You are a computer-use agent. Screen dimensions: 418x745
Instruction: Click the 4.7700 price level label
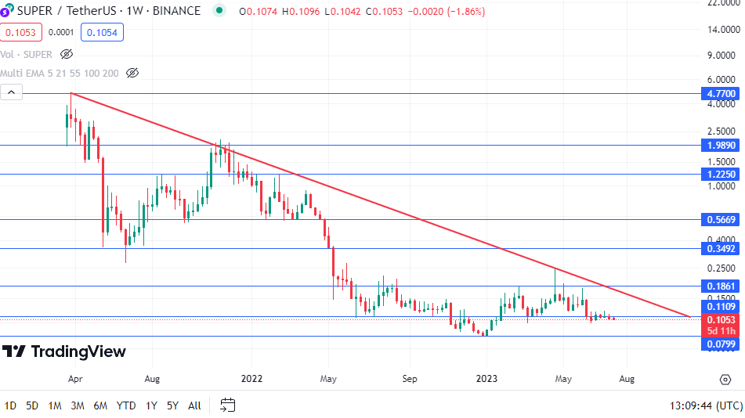coord(720,93)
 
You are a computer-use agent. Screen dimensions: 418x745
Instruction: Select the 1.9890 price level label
coord(720,145)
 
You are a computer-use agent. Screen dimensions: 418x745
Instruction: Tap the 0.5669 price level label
coord(720,220)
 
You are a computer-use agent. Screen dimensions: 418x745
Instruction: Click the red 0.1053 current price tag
coord(720,320)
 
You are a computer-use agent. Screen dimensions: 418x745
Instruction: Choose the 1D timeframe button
coord(10,405)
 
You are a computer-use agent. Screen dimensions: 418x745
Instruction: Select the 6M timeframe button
coord(100,405)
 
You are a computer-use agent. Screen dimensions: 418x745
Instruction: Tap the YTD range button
coord(126,405)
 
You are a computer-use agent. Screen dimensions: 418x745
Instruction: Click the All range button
coord(194,405)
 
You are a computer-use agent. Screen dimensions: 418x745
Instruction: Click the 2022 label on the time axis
coord(251,379)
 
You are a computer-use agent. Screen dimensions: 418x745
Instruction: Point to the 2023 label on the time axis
coord(486,379)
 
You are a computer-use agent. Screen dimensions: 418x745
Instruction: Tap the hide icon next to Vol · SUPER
coord(67,54)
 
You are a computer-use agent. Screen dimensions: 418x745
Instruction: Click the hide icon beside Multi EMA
coord(132,73)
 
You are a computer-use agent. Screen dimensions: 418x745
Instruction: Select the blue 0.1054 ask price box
coord(102,32)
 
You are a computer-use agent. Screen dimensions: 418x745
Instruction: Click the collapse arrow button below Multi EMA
coord(11,92)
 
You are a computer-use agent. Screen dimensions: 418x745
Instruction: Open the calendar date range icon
coord(227,405)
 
